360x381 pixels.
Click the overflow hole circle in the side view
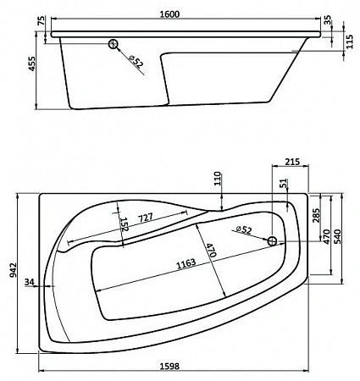tap(114, 46)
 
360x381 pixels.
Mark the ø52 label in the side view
tap(136, 60)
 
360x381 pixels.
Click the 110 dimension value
tap(216, 179)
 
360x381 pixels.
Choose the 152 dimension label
tap(123, 225)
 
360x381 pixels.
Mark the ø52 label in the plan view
tap(244, 230)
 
